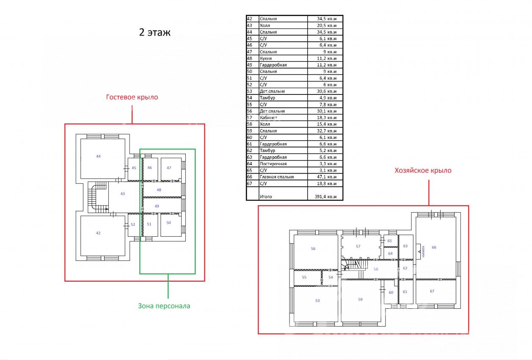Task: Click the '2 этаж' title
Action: pos(154,32)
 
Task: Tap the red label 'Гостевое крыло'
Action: pos(132,97)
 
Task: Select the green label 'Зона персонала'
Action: pos(164,306)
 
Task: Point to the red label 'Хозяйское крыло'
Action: pos(423,170)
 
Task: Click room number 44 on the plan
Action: pos(98,156)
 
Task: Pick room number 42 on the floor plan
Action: pos(98,233)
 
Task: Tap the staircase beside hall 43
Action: pos(98,197)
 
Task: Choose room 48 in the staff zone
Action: pos(159,190)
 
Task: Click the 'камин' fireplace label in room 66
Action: pos(423,252)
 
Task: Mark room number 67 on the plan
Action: pos(432,291)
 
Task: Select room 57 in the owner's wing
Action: pos(358,246)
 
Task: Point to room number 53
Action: pos(317,301)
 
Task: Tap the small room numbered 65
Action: pos(390,241)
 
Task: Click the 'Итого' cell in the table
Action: pos(266,197)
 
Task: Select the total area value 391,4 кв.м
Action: pos(325,197)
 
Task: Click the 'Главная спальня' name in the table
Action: pos(277,177)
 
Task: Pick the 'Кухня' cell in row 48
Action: pos(266,58)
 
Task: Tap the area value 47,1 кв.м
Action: pos(327,177)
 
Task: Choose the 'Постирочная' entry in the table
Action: pos(273,164)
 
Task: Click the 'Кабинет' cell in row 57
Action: pos(268,118)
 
